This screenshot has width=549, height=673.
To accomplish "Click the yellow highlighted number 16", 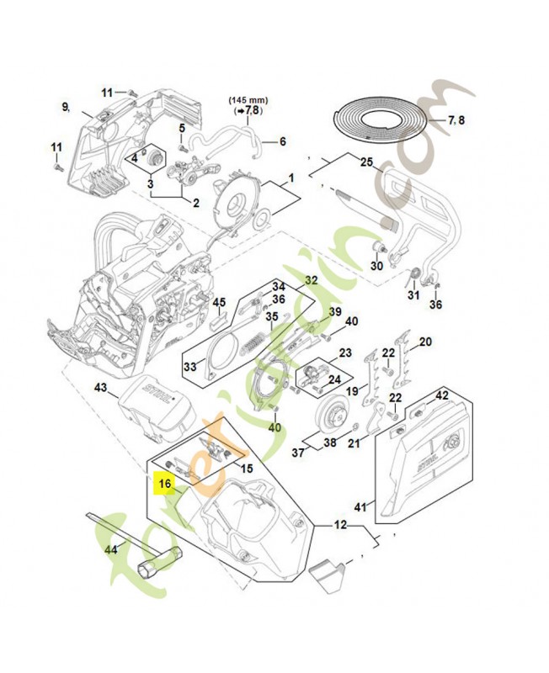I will [165, 484].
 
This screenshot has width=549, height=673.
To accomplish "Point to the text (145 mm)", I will [245, 99].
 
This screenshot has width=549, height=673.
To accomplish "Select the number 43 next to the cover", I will [100, 388].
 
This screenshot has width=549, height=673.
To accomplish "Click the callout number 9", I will [65, 106].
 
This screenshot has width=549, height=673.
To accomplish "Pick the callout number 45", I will [219, 303].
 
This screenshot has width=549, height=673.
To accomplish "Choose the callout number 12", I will [340, 525].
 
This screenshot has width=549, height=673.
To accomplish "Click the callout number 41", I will [360, 506].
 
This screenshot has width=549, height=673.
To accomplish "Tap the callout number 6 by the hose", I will [282, 141].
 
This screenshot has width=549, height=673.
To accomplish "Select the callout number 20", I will [425, 342].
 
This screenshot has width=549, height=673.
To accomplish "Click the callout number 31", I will [413, 295].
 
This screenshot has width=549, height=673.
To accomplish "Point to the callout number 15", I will [246, 468].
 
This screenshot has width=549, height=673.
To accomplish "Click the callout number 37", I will [297, 453].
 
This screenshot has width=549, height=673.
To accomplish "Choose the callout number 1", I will [291, 178].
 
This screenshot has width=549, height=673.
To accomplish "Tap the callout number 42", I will [441, 395].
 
